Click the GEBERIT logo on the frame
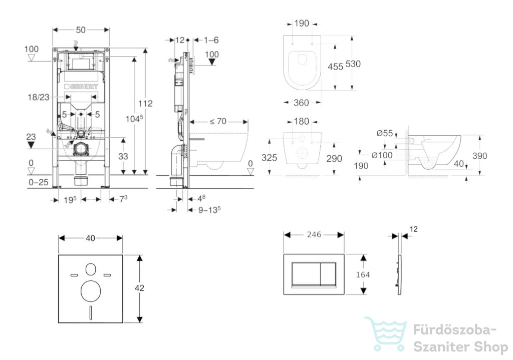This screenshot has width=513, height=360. point(81,87)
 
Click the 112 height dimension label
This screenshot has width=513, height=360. point(145,103)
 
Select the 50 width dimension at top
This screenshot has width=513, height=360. point(81,30)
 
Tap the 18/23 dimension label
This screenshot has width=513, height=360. point(39,97)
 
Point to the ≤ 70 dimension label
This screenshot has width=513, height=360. point(218,121)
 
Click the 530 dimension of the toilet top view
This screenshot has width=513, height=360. point(353,64)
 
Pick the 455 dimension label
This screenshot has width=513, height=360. point(335,67)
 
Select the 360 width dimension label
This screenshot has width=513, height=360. point(301,103)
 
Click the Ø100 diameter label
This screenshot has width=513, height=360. point(382,155)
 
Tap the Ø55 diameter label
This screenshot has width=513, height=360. point(384,133)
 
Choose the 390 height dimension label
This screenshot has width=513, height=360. point(479,156)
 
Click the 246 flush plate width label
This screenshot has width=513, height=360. point(314,234)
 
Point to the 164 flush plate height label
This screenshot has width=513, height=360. point(363,275)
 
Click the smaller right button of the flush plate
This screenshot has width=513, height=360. point(328,274)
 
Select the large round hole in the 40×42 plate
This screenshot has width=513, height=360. point(91,291)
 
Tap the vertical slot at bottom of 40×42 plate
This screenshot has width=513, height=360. point(91,312)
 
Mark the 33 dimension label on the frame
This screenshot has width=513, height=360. point(123,156)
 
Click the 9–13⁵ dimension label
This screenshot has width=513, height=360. point(209,210)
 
